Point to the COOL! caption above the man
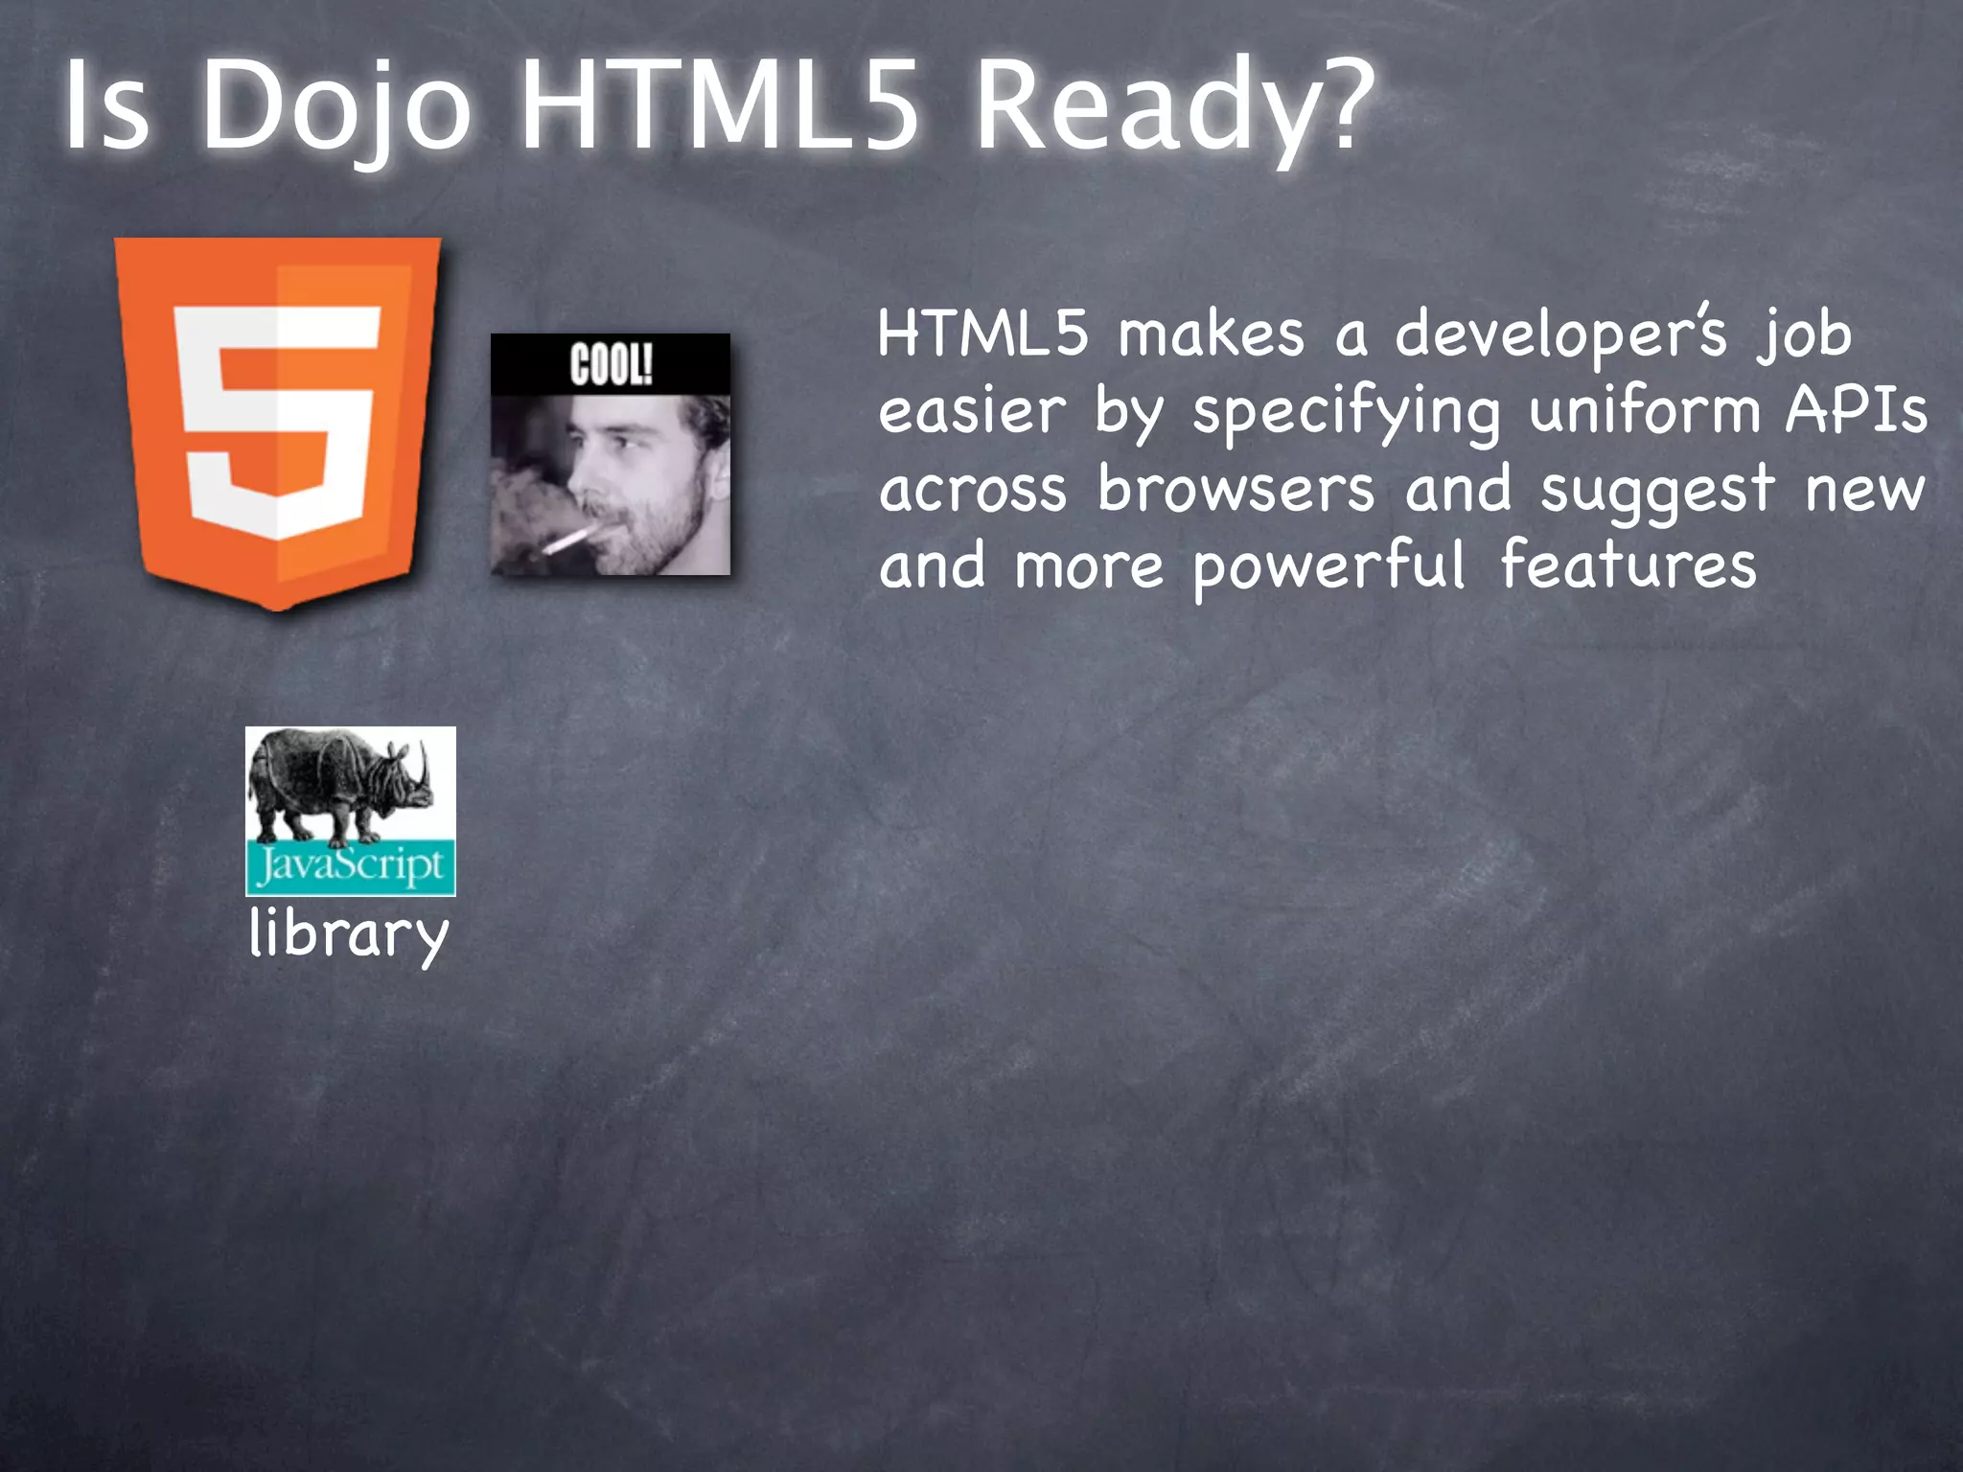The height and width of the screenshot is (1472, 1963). [x=611, y=365]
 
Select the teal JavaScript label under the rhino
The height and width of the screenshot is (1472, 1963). [x=350, y=867]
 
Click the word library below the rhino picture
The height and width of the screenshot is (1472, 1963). [x=349, y=934]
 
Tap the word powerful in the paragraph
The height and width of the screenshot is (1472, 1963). [x=1329, y=566]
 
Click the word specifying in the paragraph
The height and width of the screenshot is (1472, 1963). [x=1346, y=412]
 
